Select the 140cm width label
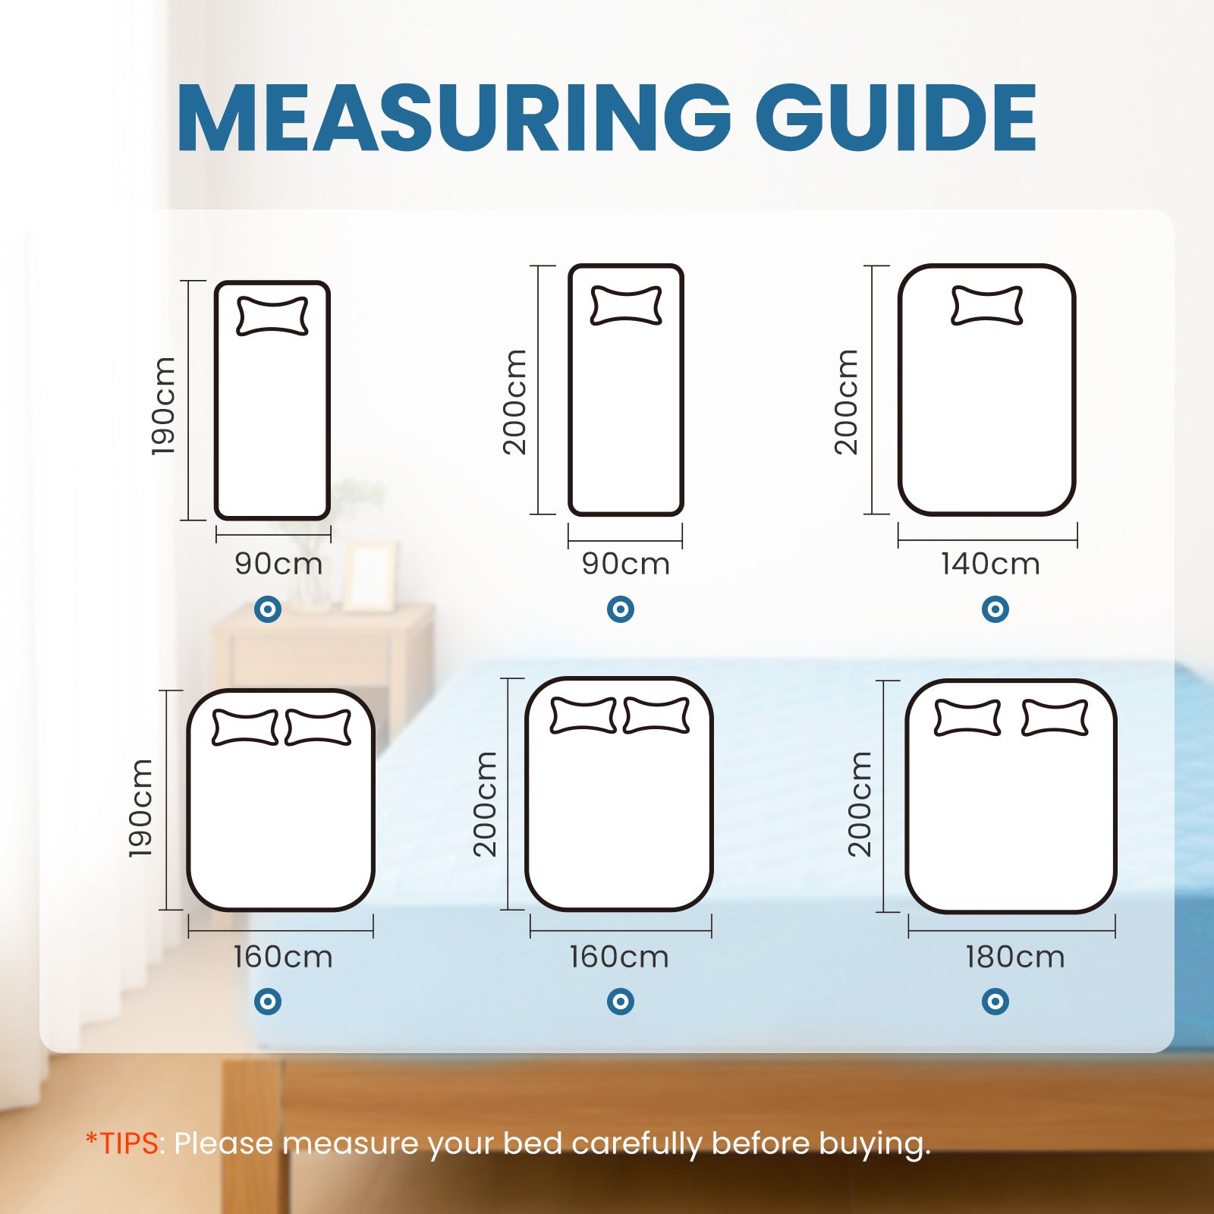tap(990, 564)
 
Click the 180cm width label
tap(1014, 957)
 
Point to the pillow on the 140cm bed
tap(986, 305)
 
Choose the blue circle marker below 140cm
tap(995, 609)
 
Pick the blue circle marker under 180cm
tap(995, 1002)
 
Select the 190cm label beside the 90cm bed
tap(163, 406)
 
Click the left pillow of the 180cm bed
tap(967, 718)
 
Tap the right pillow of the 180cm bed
tap(1055, 718)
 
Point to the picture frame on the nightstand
tap(370, 577)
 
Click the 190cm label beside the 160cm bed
tap(140, 808)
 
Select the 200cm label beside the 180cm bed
tap(859, 804)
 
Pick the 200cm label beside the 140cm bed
tap(845, 402)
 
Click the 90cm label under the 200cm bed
tap(626, 564)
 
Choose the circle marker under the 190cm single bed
tap(268, 609)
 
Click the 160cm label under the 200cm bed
tap(619, 957)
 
